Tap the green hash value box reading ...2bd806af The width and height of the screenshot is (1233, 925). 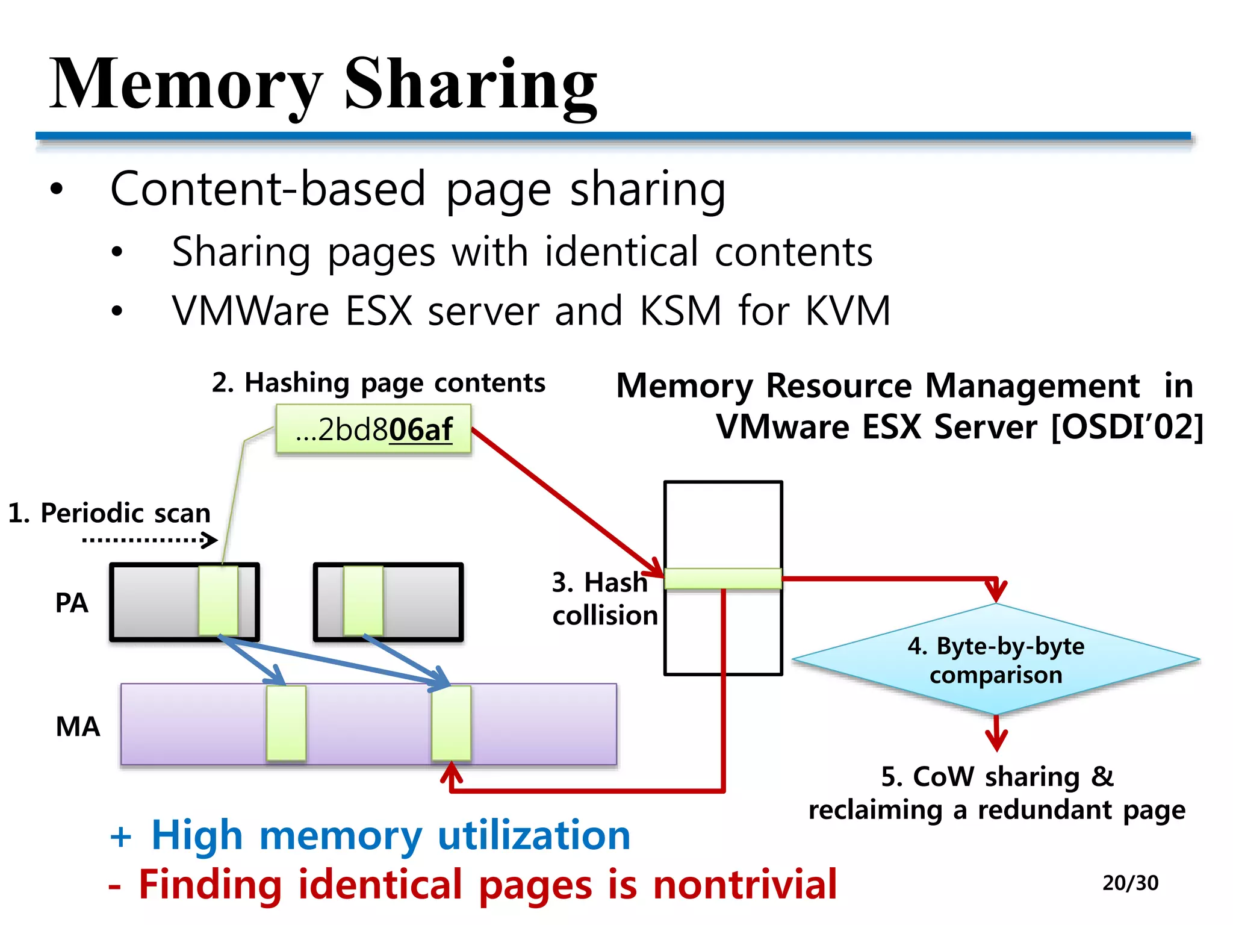(373, 429)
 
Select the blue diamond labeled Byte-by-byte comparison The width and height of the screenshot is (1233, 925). (996, 660)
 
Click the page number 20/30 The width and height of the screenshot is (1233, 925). (1130, 883)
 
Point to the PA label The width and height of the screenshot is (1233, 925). (72, 603)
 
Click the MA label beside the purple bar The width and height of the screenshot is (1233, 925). (78, 726)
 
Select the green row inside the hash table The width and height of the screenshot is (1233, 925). (722, 579)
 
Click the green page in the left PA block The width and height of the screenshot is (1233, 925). (218, 600)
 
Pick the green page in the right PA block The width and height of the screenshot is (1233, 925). (363, 600)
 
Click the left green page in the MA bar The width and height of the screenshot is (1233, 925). (286, 723)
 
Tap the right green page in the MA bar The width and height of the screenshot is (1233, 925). (451, 723)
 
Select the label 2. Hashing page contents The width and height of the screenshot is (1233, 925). (378, 383)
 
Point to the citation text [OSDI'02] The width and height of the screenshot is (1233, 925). (1126, 427)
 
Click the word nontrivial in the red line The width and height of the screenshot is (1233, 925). (745, 885)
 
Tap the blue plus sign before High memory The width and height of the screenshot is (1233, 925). (120, 836)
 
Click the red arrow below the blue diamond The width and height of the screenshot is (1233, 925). (996, 733)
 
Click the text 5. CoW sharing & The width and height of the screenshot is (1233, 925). (997, 777)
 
